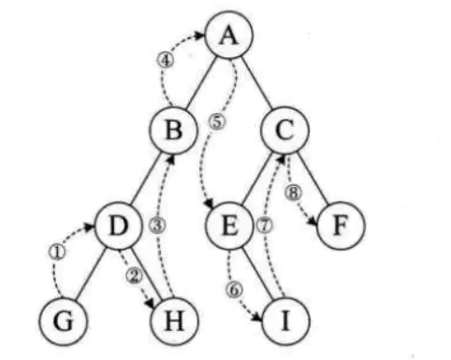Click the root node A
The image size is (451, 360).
[x=229, y=35]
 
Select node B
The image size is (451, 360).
[x=174, y=130]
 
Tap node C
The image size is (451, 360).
[x=285, y=130]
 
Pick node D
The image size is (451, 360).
[x=119, y=225]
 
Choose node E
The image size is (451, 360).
[x=229, y=225]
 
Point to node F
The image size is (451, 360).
[x=341, y=225]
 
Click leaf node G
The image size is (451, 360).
[x=64, y=322]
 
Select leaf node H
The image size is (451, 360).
[x=174, y=322]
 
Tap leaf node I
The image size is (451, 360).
[x=285, y=322]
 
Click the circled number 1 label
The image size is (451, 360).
[x=57, y=252]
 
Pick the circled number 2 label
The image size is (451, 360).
[x=135, y=276]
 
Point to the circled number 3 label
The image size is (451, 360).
[x=157, y=225]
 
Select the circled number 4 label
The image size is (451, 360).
[x=166, y=60]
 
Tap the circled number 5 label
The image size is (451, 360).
[x=217, y=122]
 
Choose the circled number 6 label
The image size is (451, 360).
[x=234, y=290]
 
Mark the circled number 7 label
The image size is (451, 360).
[x=264, y=225]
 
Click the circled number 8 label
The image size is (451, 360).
[x=294, y=193]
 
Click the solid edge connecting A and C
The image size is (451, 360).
[x=257, y=82]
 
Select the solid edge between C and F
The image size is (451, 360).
[x=313, y=178]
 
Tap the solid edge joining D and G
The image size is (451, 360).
[x=91, y=274]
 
